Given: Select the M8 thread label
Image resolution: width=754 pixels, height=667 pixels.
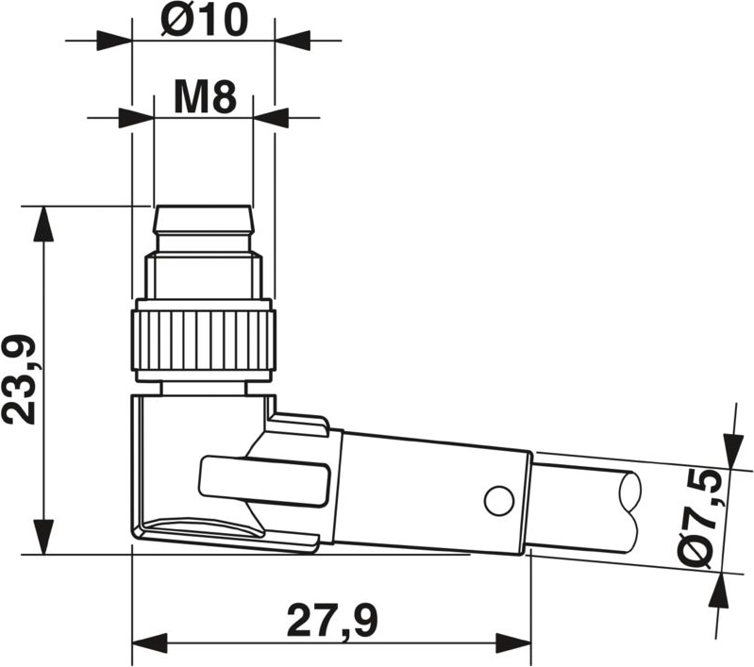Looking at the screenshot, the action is pos(206,97).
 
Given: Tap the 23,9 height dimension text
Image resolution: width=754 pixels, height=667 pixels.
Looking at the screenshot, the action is pos(19,380).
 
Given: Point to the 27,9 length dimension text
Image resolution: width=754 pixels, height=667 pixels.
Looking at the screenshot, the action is pos(332,621).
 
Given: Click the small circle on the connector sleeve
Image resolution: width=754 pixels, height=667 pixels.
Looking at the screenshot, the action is pos(498,501).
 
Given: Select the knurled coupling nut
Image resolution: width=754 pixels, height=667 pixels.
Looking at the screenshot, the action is pos(203,341).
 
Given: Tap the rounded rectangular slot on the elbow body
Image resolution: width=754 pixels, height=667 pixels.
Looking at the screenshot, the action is pos(264,482).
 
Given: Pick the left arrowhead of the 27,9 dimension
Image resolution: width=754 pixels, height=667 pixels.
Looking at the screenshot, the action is pos(149,642).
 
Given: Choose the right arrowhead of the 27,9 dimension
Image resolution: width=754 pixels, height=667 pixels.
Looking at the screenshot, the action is pos(513,642).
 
